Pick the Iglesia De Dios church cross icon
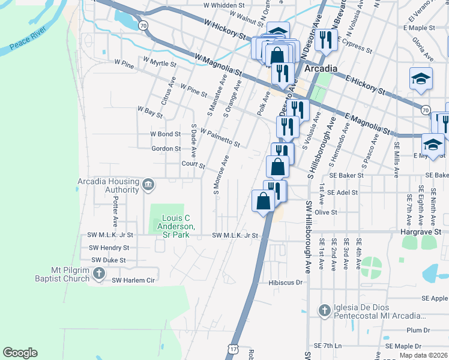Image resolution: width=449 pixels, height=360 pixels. [x=324, y=310]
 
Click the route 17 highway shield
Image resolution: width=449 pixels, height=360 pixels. [x=232, y=349]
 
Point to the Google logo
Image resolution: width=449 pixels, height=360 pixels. [x=20, y=353]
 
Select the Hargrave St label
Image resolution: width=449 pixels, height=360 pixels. [x=421, y=230]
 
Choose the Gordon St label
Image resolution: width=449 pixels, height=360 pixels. [x=166, y=149]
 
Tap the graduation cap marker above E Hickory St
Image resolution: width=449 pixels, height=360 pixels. [x=421, y=79]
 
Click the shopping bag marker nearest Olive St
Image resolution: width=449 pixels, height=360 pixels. [x=264, y=201]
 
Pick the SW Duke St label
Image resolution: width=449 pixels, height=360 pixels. [x=109, y=260]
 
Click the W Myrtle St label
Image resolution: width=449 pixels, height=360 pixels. [x=160, y=62]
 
